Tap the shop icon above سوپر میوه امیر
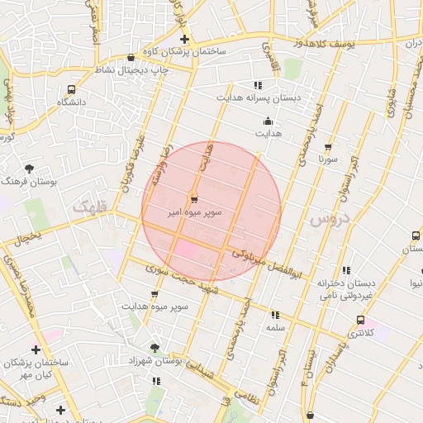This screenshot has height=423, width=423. point(193,199)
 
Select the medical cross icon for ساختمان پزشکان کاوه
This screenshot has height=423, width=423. point(184,40)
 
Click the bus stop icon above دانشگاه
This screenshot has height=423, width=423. point(72,89)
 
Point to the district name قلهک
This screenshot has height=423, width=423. point(90,208)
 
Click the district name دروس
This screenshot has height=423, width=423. point(330,221)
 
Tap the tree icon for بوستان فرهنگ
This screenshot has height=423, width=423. point(31,169)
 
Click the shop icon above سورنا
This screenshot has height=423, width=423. point(329,146)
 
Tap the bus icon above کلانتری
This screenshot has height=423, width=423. point(360,321)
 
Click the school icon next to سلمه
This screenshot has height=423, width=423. point(275,315)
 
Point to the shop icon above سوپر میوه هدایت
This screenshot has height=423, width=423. point(154,294)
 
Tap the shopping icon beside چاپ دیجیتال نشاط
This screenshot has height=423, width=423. point(131,58)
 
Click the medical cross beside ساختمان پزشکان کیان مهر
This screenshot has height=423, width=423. point(36,349)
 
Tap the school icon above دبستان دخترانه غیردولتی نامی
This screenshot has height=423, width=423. point(346,270)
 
